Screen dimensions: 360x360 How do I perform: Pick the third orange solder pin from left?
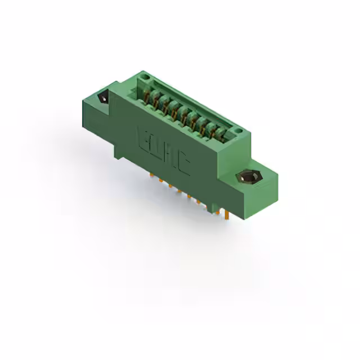170,187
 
